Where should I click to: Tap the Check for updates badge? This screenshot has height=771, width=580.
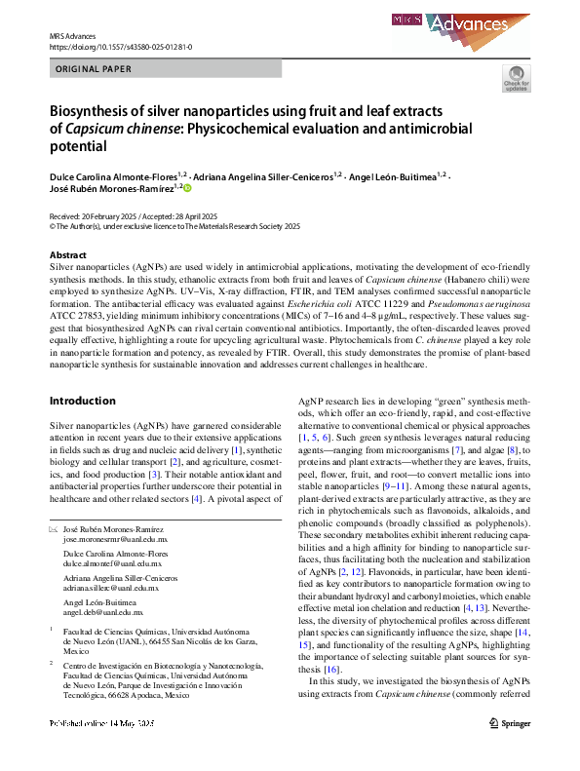tap(516, 79)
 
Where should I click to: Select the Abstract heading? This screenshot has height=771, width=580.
tap(68, 254)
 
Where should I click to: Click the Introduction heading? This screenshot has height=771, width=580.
tap(83, 401)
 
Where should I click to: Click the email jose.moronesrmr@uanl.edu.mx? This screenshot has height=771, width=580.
tap(115, 538)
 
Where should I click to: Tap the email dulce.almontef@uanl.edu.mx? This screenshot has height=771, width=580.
tap(110, 563)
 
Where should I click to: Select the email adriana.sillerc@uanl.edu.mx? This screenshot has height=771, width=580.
tap(111, 589)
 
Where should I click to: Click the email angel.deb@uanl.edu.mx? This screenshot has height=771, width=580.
tap(103, 613)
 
